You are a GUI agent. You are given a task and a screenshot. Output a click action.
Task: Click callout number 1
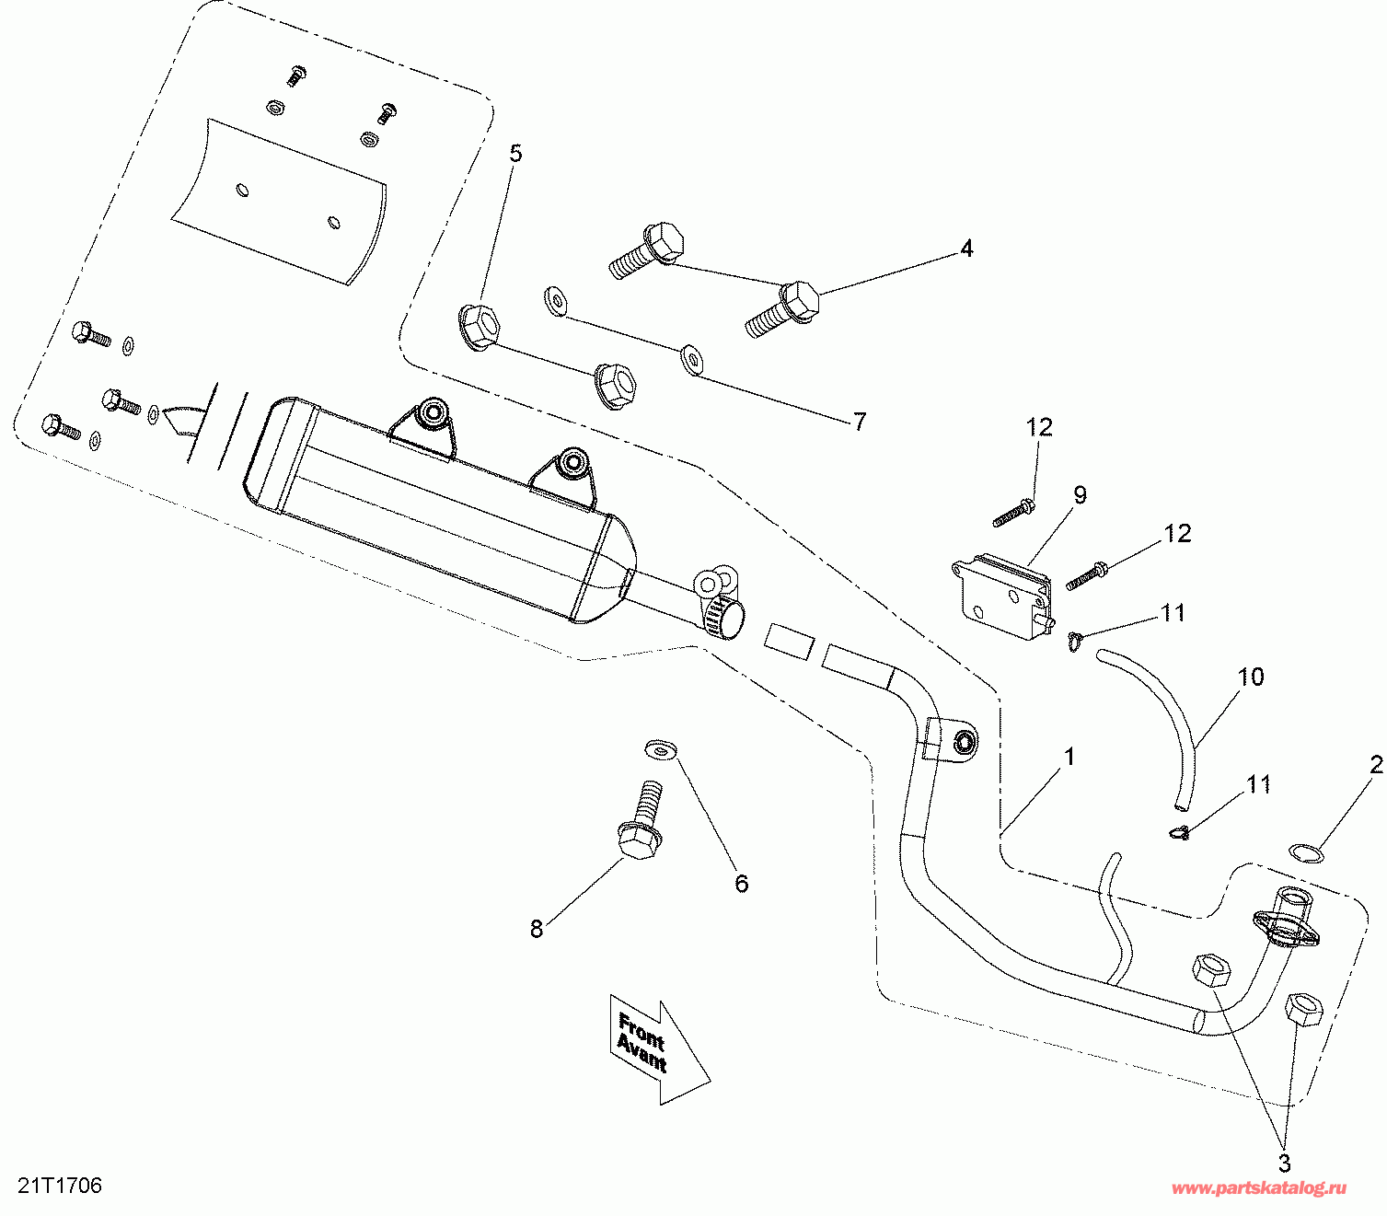click(x=1069, y=757)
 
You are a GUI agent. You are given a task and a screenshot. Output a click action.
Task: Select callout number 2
click(x=1376, y=765)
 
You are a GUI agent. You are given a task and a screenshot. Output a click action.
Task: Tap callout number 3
click(x=1284, y=1162)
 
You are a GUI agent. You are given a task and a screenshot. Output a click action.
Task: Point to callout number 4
click(x=966, y=249)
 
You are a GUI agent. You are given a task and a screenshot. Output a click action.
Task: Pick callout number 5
click(x=515, y=153)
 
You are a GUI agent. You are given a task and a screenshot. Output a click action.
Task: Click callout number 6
click(x=742, y=884)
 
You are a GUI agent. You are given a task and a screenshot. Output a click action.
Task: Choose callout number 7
click(x=860, y=422)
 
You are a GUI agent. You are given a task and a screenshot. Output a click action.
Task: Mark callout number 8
click(x=537, y=929)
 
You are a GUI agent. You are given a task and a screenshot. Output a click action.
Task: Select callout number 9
click(x=1080, y=495)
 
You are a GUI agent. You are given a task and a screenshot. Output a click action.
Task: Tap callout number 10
click(x=1251, y=677)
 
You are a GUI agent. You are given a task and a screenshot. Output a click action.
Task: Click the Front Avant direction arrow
click(x=657, y=1048)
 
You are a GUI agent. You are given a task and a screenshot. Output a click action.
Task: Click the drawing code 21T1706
click(x=59, y=1186)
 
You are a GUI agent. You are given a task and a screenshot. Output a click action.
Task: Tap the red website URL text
click(x=1258, y=1188)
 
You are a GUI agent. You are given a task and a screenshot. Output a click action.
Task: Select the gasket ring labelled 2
click(x=1306, y=852)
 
